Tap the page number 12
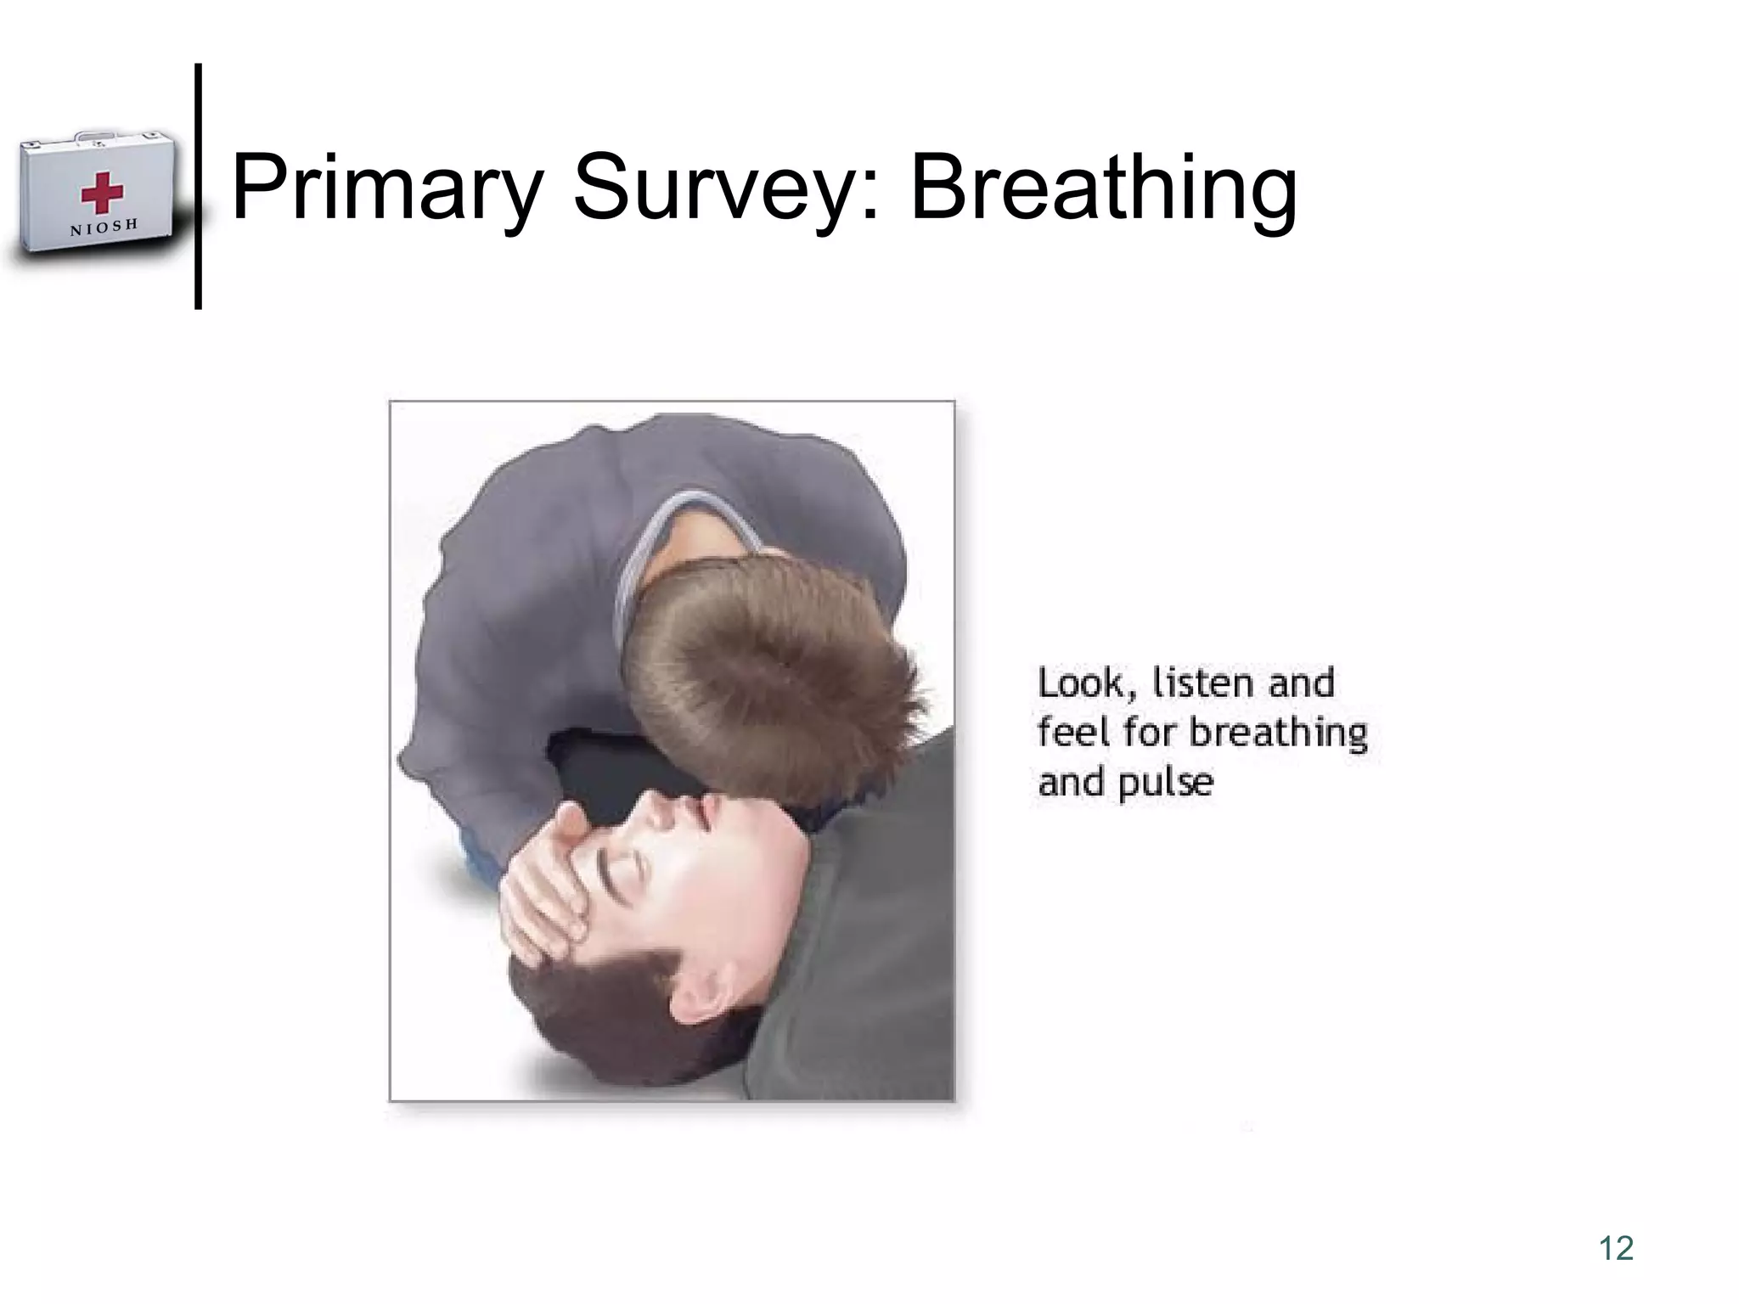coord(1616,1248)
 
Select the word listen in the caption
coord(1206,683)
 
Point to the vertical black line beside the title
coord(198,187)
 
